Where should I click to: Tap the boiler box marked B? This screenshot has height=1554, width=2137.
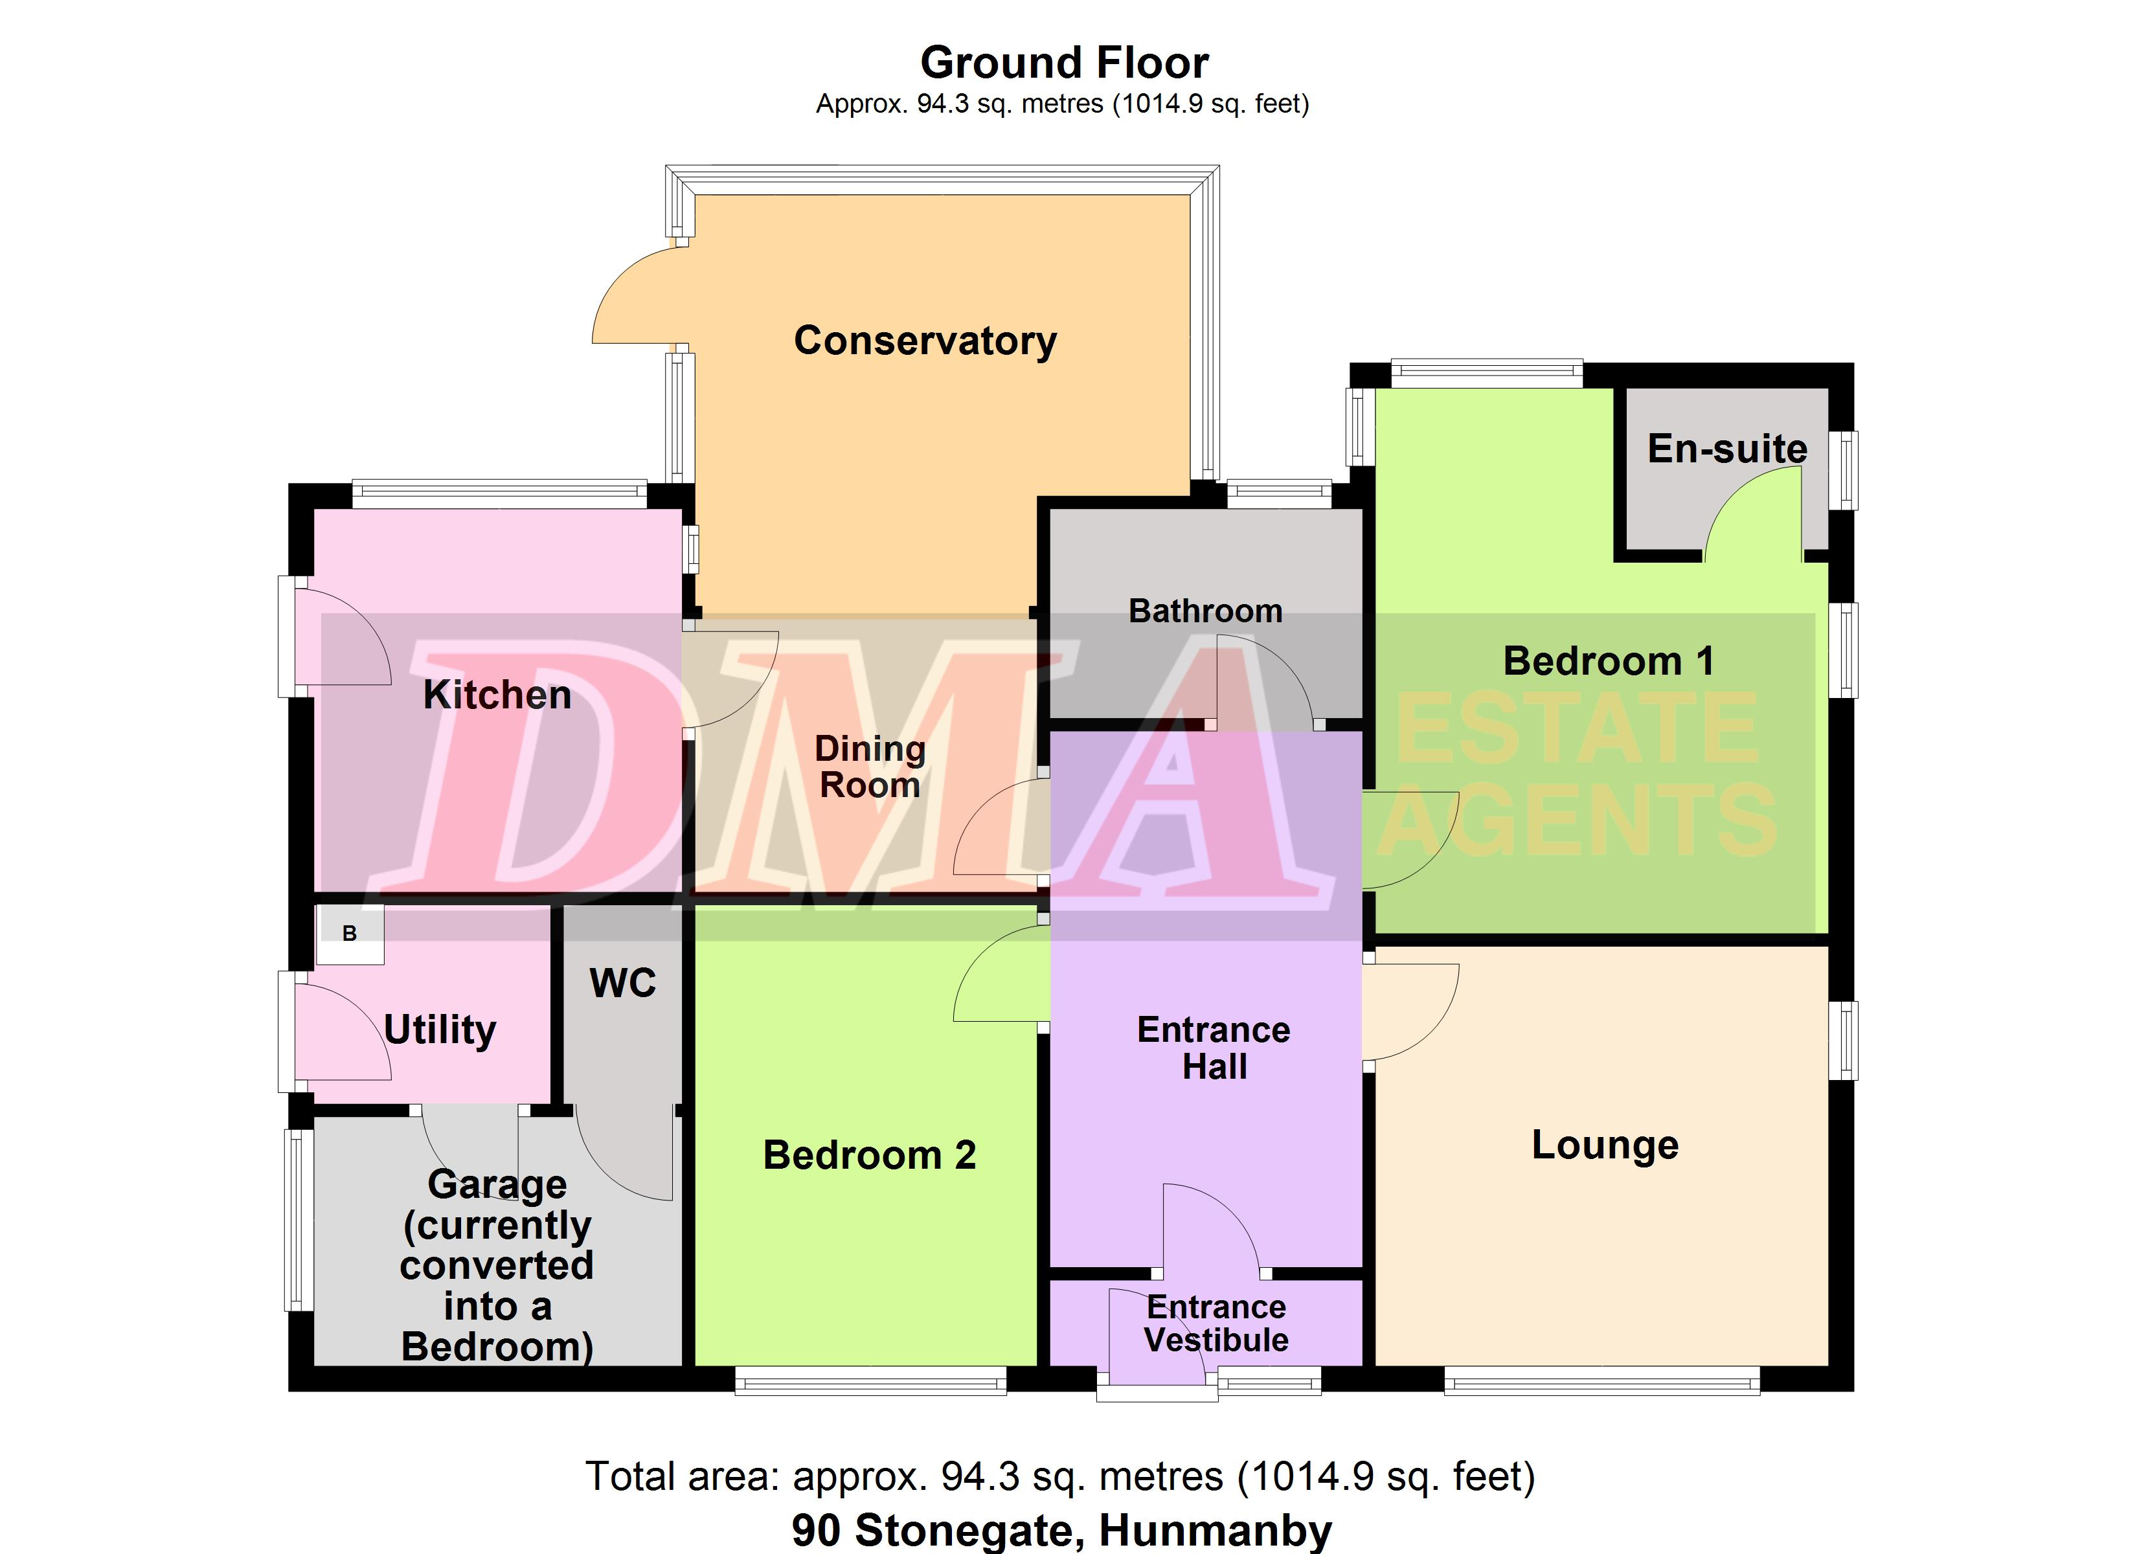[x=350, y=934]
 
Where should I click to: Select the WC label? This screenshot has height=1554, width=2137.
[x=623, y=983]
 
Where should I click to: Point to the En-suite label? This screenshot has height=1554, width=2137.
[x=1727, y=449]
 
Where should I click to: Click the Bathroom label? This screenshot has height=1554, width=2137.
[x=1205, y=611]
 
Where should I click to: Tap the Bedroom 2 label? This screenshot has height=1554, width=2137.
[x=869, y=1155]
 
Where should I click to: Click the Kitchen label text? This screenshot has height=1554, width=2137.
[x=497, y=695]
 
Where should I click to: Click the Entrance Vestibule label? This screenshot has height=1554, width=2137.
[x=1215, y=1323]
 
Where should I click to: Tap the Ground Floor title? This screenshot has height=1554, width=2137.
[x=1064, y=63]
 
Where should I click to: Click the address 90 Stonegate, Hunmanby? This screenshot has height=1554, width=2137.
[x=1062, y=1531]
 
